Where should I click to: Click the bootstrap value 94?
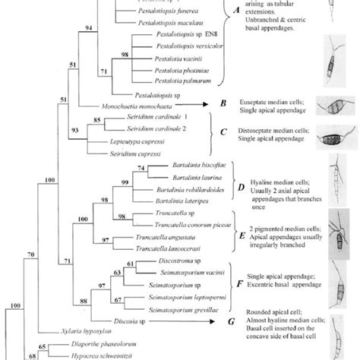point(89,28)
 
